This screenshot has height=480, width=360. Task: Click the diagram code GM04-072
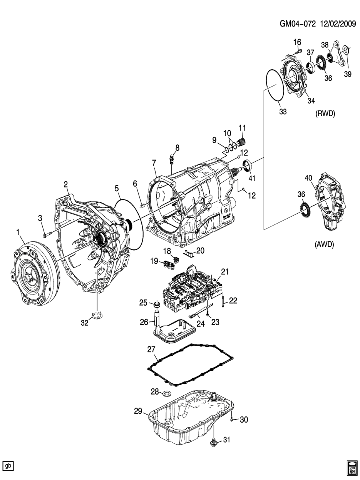coord(298,24)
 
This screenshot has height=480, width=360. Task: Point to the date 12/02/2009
coord(338,24)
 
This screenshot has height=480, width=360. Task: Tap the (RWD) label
coord(325,114)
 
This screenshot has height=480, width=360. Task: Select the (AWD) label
coord(324,244)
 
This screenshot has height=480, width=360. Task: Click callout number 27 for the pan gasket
coord(151,349)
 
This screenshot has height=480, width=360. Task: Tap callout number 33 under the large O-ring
coord(283,112)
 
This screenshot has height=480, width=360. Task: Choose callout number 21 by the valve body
coord(224,272)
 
